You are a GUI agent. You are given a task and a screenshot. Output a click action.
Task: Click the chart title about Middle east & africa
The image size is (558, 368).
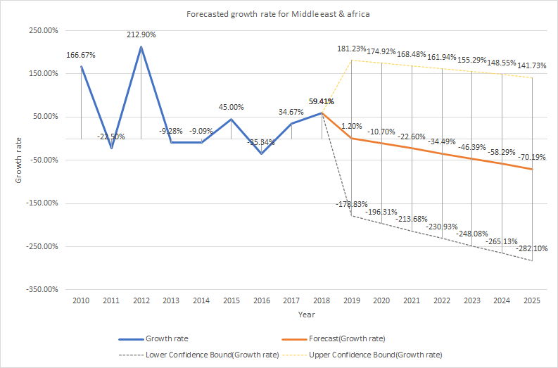point(279,14)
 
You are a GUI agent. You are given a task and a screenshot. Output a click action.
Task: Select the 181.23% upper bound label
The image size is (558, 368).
point(352,49)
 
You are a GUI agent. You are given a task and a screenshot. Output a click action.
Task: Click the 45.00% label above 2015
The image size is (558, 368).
point(232,108)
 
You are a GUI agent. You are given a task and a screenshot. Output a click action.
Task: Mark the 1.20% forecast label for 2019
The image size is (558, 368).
point(352,127)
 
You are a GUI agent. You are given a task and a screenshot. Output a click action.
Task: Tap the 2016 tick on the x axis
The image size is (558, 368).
point(262,301)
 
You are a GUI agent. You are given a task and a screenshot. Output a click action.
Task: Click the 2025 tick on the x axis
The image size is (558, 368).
point(532,301)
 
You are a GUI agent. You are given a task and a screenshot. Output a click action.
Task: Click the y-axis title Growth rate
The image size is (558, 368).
point(19,160)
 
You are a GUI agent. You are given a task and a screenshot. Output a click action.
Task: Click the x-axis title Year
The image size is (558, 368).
point(306,314)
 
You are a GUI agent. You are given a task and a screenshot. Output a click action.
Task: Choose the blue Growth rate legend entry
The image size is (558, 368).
point(161,338)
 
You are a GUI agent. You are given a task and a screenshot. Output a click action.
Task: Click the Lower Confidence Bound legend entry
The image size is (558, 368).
point(211,353)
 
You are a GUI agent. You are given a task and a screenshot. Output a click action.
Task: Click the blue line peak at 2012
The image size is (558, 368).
point(141,47)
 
